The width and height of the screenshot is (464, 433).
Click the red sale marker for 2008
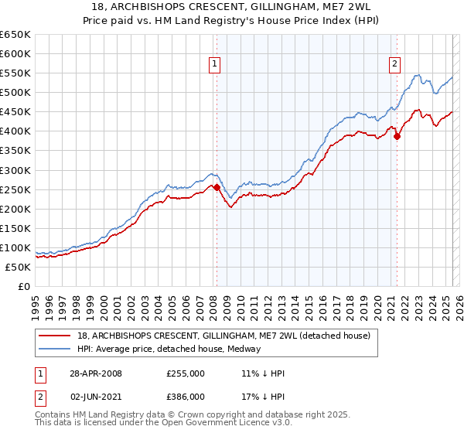(217, 187)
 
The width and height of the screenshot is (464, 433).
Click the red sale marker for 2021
(397, 136)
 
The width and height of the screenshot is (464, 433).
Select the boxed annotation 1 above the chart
(213, 64)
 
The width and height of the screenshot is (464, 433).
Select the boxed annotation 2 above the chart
(394, 64)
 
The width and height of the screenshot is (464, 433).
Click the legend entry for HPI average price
(169, 349)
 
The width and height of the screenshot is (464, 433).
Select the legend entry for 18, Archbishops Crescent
(224, 336)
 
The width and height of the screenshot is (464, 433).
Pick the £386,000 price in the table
(186, 396)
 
